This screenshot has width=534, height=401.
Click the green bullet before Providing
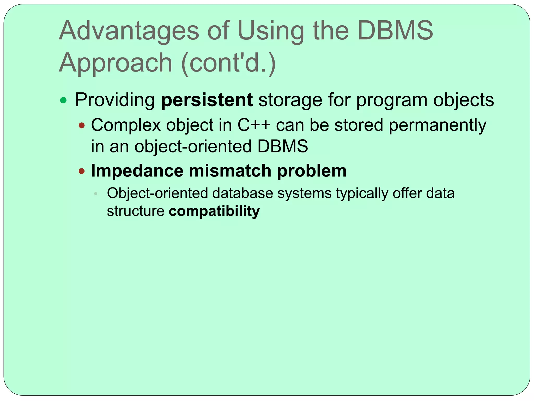coord(63,100)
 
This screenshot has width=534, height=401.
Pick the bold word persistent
coord(207,100)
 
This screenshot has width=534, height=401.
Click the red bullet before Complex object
coord(82,126)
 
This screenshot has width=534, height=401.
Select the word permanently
coord(437,126)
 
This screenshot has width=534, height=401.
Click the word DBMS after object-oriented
coord(283,146)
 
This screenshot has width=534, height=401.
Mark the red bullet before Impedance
coord(82,171)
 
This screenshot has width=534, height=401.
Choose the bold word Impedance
coord(137,171)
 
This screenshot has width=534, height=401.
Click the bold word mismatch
coord(230,171)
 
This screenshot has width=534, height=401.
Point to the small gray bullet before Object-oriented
coord(96,194)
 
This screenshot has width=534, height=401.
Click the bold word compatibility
coord(214,211)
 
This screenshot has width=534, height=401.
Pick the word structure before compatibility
coord(136,211)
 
